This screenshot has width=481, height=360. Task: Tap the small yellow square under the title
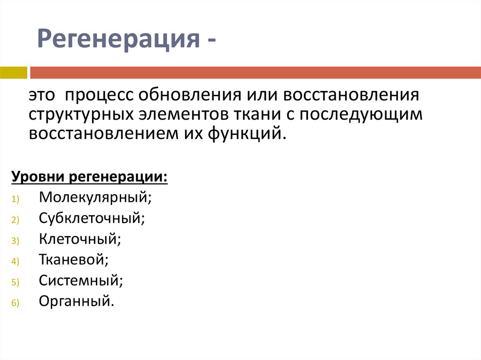click(x=14, y=72)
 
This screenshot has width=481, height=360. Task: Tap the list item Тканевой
click(x=74, y=260)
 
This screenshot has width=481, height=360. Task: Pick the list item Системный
click(x=81, y=281)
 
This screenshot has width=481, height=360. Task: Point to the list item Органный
click(x=77, y=301)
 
